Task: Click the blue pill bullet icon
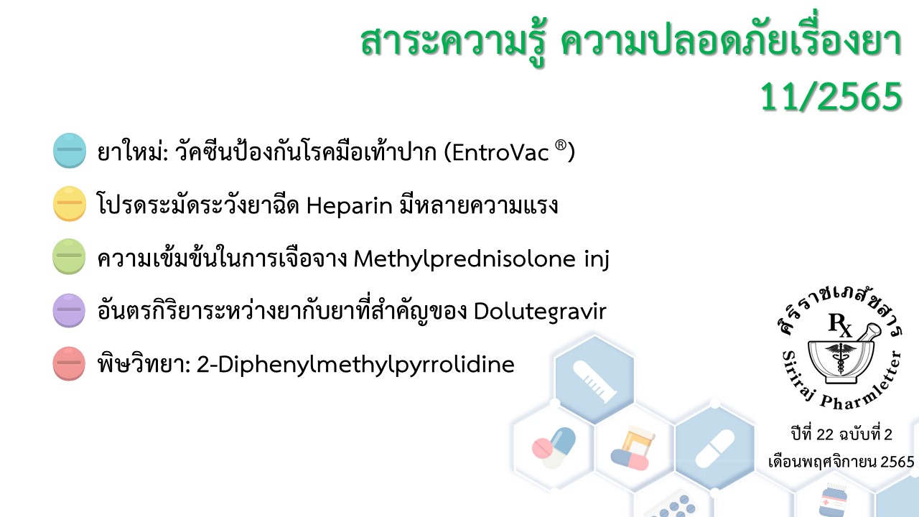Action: click(x=70, y=151)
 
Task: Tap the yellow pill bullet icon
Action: click(x=70, y=204)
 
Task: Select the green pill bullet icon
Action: click(x=69, y=256)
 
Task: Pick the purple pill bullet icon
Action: click(x=69, y=310)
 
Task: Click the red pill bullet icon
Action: click(x=69, y=363)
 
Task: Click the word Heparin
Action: click(x=350, y=206)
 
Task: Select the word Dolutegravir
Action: click(x=540, y=312)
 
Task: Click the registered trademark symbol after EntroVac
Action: click(x=561, y=145)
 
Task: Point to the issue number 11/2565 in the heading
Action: click(x=831, y=97)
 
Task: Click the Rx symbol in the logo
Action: click(x=840, y=325)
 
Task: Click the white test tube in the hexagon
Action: click(x=594, y=380)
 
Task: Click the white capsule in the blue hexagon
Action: click(x=715, y=449)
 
